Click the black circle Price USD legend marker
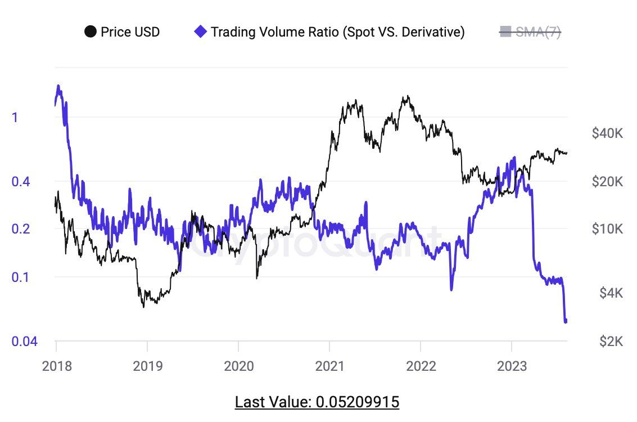point(90,32)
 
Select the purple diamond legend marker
point(200,32)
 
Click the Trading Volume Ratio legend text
point(337,32)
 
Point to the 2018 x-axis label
point(56,366)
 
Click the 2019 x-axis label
point(147,366)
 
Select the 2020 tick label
point(238,366)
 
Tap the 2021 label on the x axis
point(330,366)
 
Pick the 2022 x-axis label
point(421,366)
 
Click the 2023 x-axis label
point(512,366)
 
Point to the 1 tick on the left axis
point(15,118)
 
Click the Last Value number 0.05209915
point(358,402)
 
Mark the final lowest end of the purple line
point(565,322)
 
